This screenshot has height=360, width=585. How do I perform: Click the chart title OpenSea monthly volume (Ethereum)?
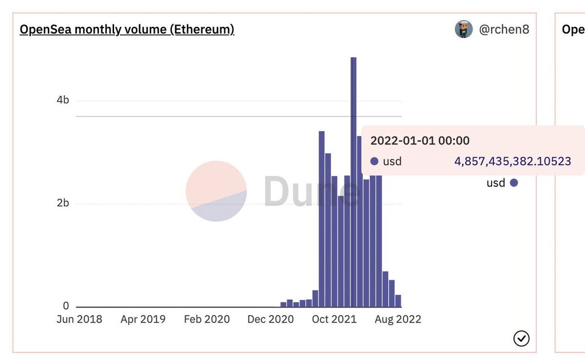(127, 29)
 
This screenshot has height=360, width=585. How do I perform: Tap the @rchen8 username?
(504, 29)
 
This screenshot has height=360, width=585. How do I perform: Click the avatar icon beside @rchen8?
(464, 29)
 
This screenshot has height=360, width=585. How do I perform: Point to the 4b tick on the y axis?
(63, 100)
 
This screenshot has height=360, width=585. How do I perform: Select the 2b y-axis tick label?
(63, 203)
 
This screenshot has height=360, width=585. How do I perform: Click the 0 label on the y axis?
(66, 306)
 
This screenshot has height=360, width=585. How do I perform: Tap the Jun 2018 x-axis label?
(79, 319)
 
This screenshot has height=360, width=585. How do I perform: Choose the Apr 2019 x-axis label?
(143, 319)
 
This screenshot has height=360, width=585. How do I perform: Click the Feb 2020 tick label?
(207, 319)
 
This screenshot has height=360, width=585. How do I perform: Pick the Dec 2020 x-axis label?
(270, 319)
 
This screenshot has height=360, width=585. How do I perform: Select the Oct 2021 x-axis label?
(334, 319)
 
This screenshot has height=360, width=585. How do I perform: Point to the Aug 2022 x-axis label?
(398, 319)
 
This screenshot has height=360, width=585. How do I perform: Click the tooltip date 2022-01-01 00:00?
(420, 140)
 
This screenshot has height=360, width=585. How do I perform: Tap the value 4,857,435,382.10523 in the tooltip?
(513, 161)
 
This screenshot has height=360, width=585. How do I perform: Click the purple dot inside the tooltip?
(374, 161)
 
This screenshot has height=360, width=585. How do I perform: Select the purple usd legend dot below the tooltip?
(514, 183)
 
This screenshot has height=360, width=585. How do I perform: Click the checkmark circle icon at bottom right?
(521, 338)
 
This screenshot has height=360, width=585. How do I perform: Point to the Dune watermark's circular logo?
(216, 191)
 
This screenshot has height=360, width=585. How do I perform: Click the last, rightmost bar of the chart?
(398, 301)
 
